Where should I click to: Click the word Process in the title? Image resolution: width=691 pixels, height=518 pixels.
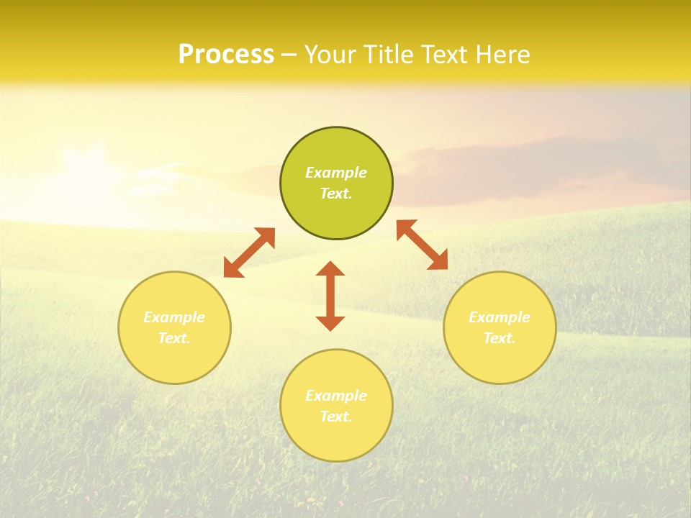[226, 55]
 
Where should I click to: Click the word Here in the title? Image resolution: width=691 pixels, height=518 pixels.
[505, 55]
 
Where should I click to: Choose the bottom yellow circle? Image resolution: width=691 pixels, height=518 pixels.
[336, 439]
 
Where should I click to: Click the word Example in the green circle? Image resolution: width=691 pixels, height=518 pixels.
[336, 173]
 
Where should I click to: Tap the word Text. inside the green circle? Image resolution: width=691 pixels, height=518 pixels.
[336, 194]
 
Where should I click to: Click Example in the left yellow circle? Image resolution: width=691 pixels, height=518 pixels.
[174, 317]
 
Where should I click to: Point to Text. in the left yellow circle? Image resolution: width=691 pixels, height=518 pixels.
[174, 338]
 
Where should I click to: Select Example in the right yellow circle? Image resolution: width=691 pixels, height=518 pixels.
[500, 317]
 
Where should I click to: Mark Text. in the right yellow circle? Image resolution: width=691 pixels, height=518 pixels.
[500, 338]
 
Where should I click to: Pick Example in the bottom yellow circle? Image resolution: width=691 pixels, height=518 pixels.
[336, 396]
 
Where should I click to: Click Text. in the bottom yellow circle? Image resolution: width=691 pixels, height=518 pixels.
[336, 417]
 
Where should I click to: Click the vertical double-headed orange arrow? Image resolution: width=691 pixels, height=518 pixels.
[330, 296]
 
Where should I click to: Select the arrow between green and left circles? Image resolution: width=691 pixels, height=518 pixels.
[249, 253]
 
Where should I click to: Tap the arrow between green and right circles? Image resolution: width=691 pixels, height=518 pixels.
[423, 245]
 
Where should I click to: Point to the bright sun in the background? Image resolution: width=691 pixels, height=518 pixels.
[86, 173]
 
